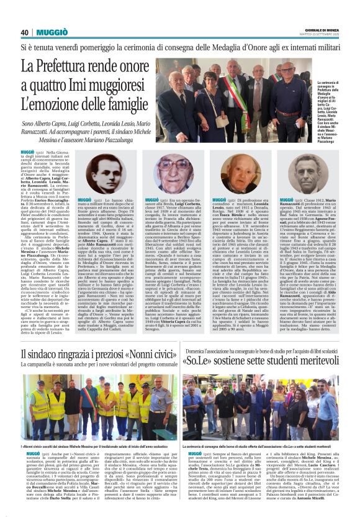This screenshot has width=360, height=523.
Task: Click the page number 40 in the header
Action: [x=24, y=32]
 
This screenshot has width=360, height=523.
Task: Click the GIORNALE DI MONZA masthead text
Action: [x=317, y=30]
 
